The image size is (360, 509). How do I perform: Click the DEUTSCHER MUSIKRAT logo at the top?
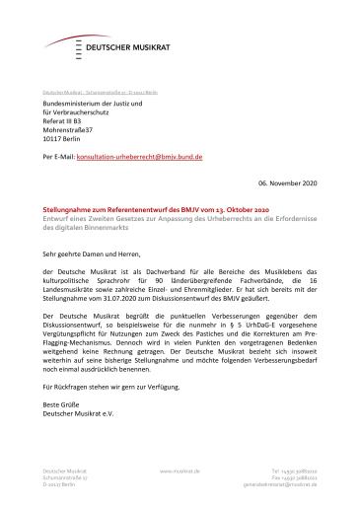(104, 43)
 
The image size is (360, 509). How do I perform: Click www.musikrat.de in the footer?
(180, 473)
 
